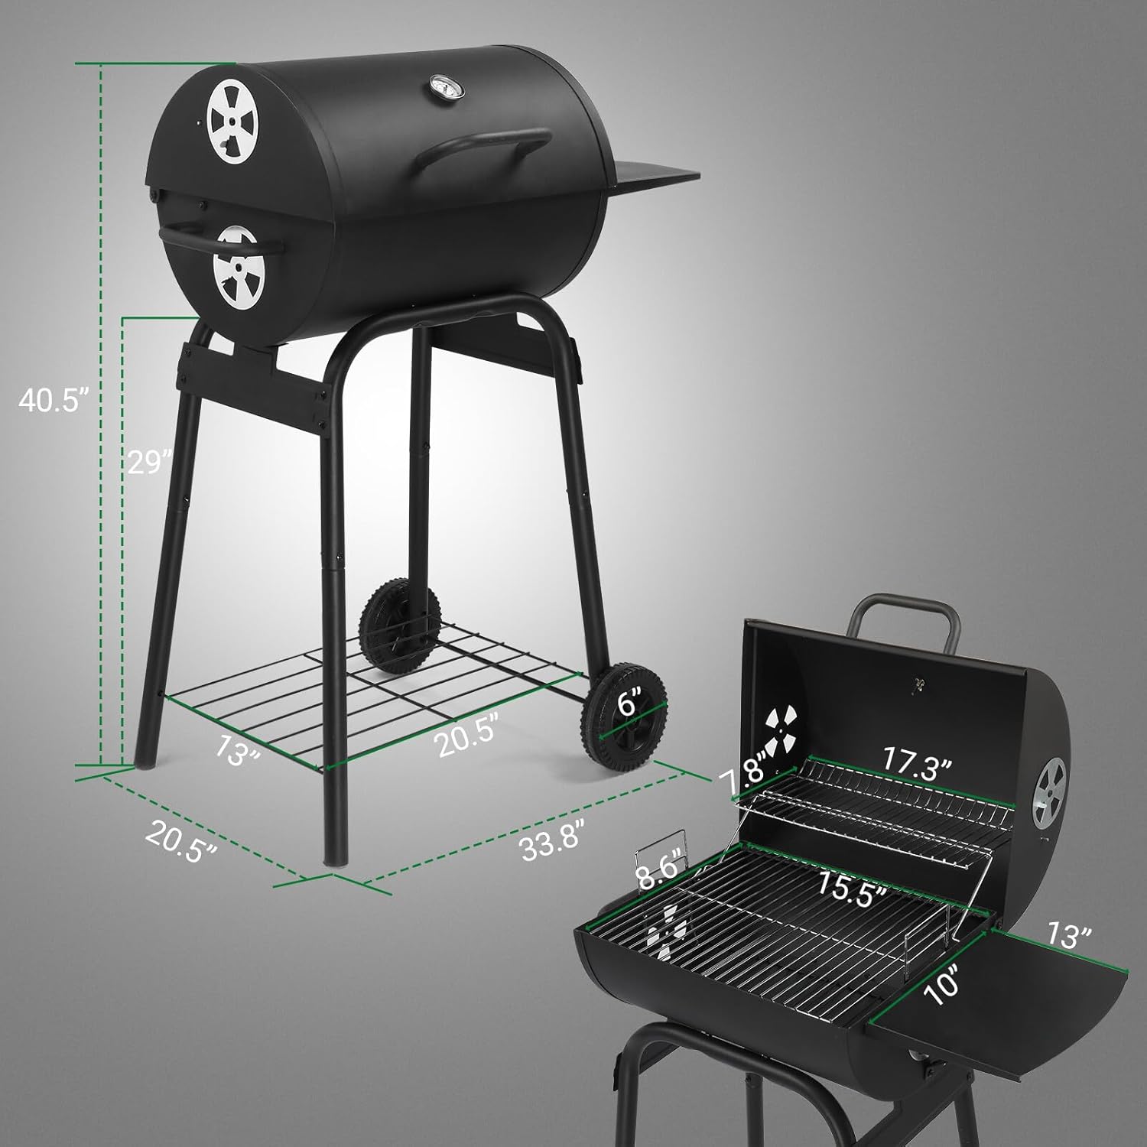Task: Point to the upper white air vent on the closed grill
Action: tap(232, 124)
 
